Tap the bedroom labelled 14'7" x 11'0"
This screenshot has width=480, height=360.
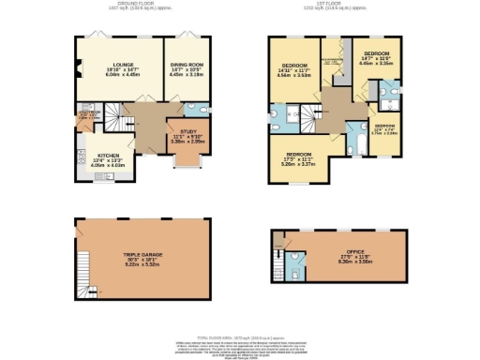[x=377, y=58]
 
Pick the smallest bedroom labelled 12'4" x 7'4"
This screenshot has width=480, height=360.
[x=384, y=129]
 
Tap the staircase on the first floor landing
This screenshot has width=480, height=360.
[x=308, y=117]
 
